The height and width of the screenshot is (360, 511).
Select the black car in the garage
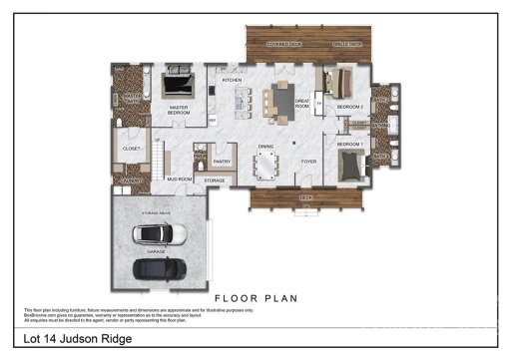(x=160, y=268)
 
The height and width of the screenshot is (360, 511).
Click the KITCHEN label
(x=232, y=80)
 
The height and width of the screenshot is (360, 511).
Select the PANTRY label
(x=223, y=160)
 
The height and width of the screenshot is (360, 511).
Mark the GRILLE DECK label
(x=346, y=45)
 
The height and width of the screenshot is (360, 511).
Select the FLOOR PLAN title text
(x=255, y=298)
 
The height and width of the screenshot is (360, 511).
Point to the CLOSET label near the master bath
(x=131, y=149)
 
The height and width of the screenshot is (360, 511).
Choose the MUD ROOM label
(x=179, y=180)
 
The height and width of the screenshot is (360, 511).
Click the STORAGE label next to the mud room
(x=215, y=180)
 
